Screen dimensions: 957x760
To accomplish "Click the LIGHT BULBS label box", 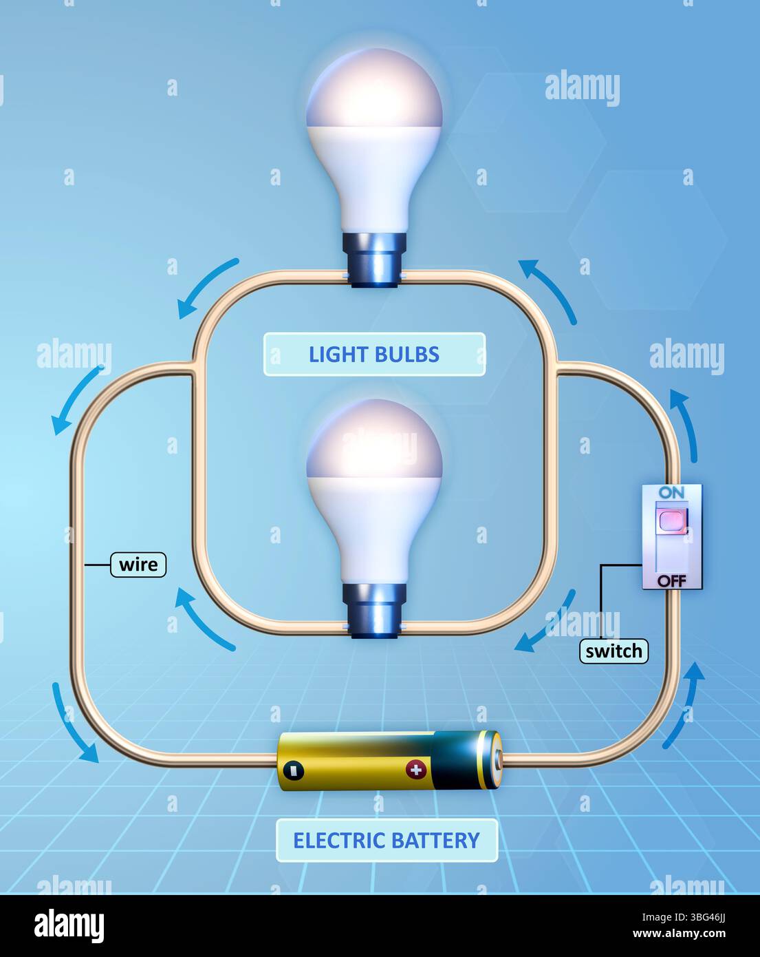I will (374, 355).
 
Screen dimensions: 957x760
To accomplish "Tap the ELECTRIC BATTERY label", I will (387, 841).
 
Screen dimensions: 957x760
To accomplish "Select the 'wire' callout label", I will (138, 565).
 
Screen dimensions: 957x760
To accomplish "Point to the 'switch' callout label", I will (614, 651).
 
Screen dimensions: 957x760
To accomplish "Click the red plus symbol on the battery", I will (415, 769).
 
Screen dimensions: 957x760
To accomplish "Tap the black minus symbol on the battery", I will (293, 770).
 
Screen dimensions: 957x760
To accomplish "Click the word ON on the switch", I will (671, 493).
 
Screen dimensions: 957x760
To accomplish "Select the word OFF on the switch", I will (671, 580).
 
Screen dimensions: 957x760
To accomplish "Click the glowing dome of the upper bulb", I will (374, 90).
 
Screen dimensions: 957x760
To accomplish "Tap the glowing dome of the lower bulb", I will (374, 441).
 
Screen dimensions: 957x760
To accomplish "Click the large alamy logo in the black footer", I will (69, 926).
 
